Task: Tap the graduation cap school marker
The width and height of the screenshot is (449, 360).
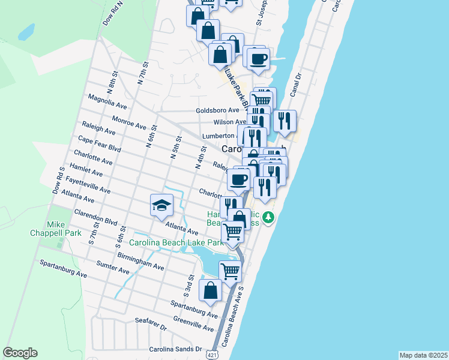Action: tap(161, 205)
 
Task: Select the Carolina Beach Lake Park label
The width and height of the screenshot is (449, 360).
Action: tap(176, 243)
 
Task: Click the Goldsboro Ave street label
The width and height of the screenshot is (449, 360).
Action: tap(217, 110)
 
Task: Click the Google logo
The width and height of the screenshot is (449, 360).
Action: tap(20, 353)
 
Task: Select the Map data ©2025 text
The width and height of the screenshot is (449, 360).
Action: tap(424, 355)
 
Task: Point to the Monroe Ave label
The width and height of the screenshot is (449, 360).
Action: tap(129, 123)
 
